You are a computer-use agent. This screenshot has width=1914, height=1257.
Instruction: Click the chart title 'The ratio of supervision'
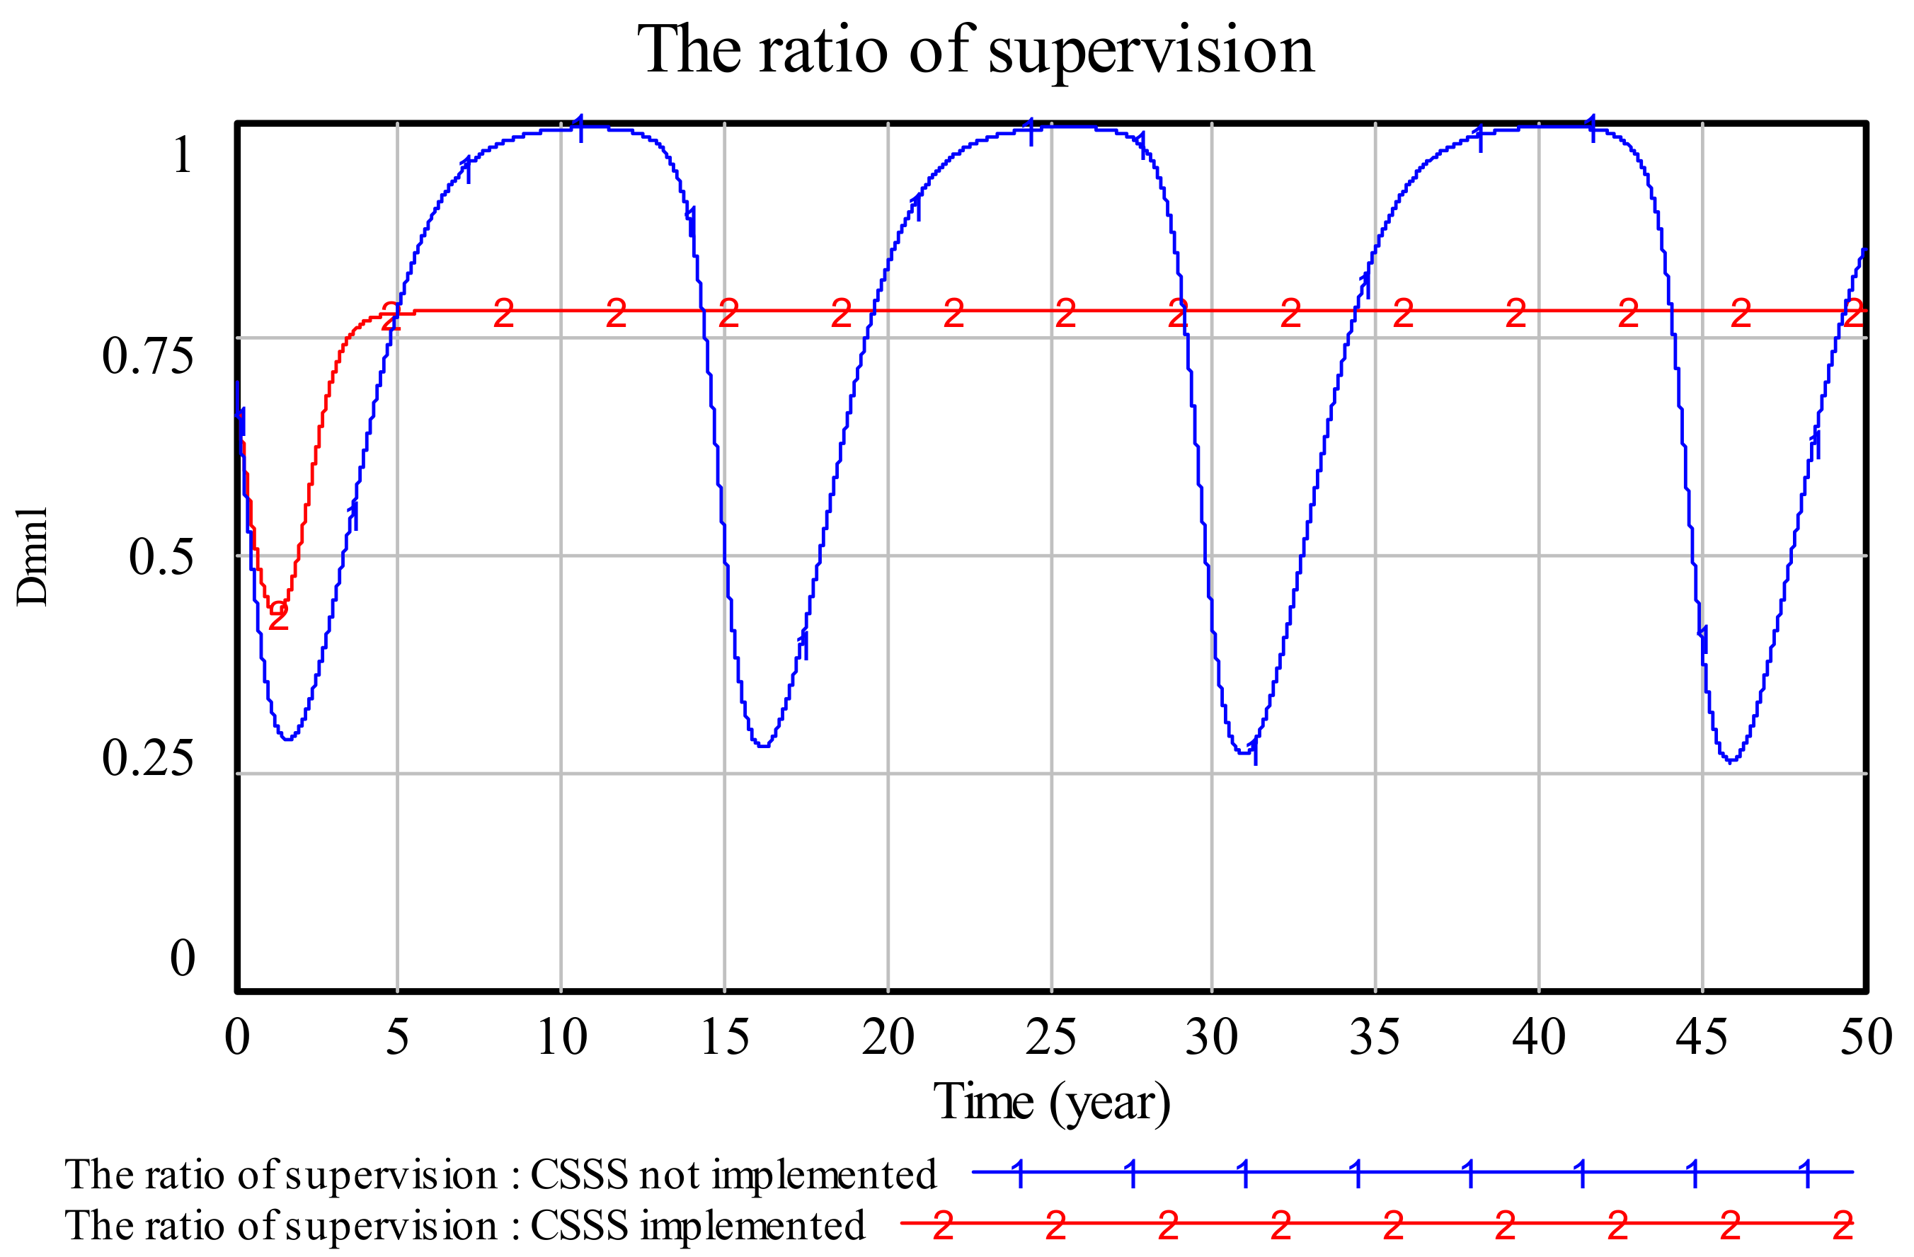pyautogui.click(x=975, y=50)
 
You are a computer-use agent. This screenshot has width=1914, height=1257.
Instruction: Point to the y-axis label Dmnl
pyautogui.click(x=32, y=556)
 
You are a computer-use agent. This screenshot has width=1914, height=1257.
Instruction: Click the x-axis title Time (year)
pyautogui.click(x=1051, y=1103)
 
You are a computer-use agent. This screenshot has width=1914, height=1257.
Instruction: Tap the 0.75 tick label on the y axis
pyautogui.click(x=147, y=355)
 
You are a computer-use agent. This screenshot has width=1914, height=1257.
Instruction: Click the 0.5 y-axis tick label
pyautogui.click(x=161, y=556)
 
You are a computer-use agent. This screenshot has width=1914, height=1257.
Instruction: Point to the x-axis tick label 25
pyautogui.click(x=1050, y=1038)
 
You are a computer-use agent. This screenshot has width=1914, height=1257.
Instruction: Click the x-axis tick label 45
pyautogui.click(x=1701, y=1038)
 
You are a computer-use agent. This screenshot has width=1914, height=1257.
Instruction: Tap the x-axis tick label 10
pyautogui.click(x=561, y=1038)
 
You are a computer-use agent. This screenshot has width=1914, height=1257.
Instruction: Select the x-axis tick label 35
pyautogui.click(x=1375, y=1038)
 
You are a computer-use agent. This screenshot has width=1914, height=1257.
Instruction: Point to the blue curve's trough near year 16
pyautogui.click(x=762, y=746)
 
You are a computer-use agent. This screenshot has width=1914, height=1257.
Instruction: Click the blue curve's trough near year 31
pyautogui.click(x=1244, y=753)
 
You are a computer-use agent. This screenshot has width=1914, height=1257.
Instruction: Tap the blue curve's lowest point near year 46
pyautogui.click(x=1730, y=761)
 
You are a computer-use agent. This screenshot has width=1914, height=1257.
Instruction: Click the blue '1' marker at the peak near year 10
pyautogui.click(x=580, y=128)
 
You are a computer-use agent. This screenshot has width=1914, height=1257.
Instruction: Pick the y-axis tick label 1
pyautogui.click(x=183, y=154)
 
